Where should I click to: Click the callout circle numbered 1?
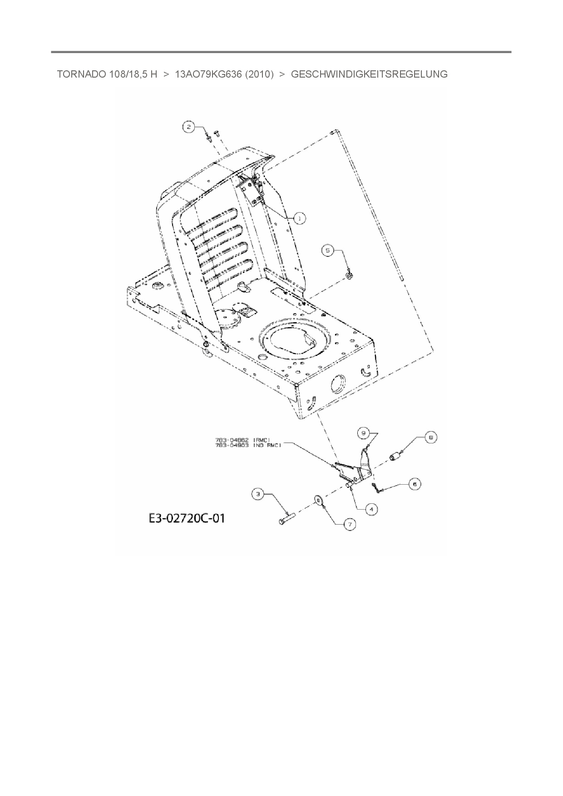(299, 218)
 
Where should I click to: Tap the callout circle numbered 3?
(258, 494)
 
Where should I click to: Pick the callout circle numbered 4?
(371, 509)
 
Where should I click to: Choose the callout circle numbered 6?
(414, 484)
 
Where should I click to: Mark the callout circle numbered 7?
(350, 525)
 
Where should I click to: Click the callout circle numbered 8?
(430, 437)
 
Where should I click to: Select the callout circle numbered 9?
(363, 433)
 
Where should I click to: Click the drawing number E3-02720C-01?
(186, 518)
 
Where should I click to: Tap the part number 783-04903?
(232, 446)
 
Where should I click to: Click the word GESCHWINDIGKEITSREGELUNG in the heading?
(369, 74)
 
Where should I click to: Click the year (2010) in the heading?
(259, 74)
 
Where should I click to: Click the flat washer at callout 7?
(318, 501)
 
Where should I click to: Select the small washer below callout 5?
(349, 275)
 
